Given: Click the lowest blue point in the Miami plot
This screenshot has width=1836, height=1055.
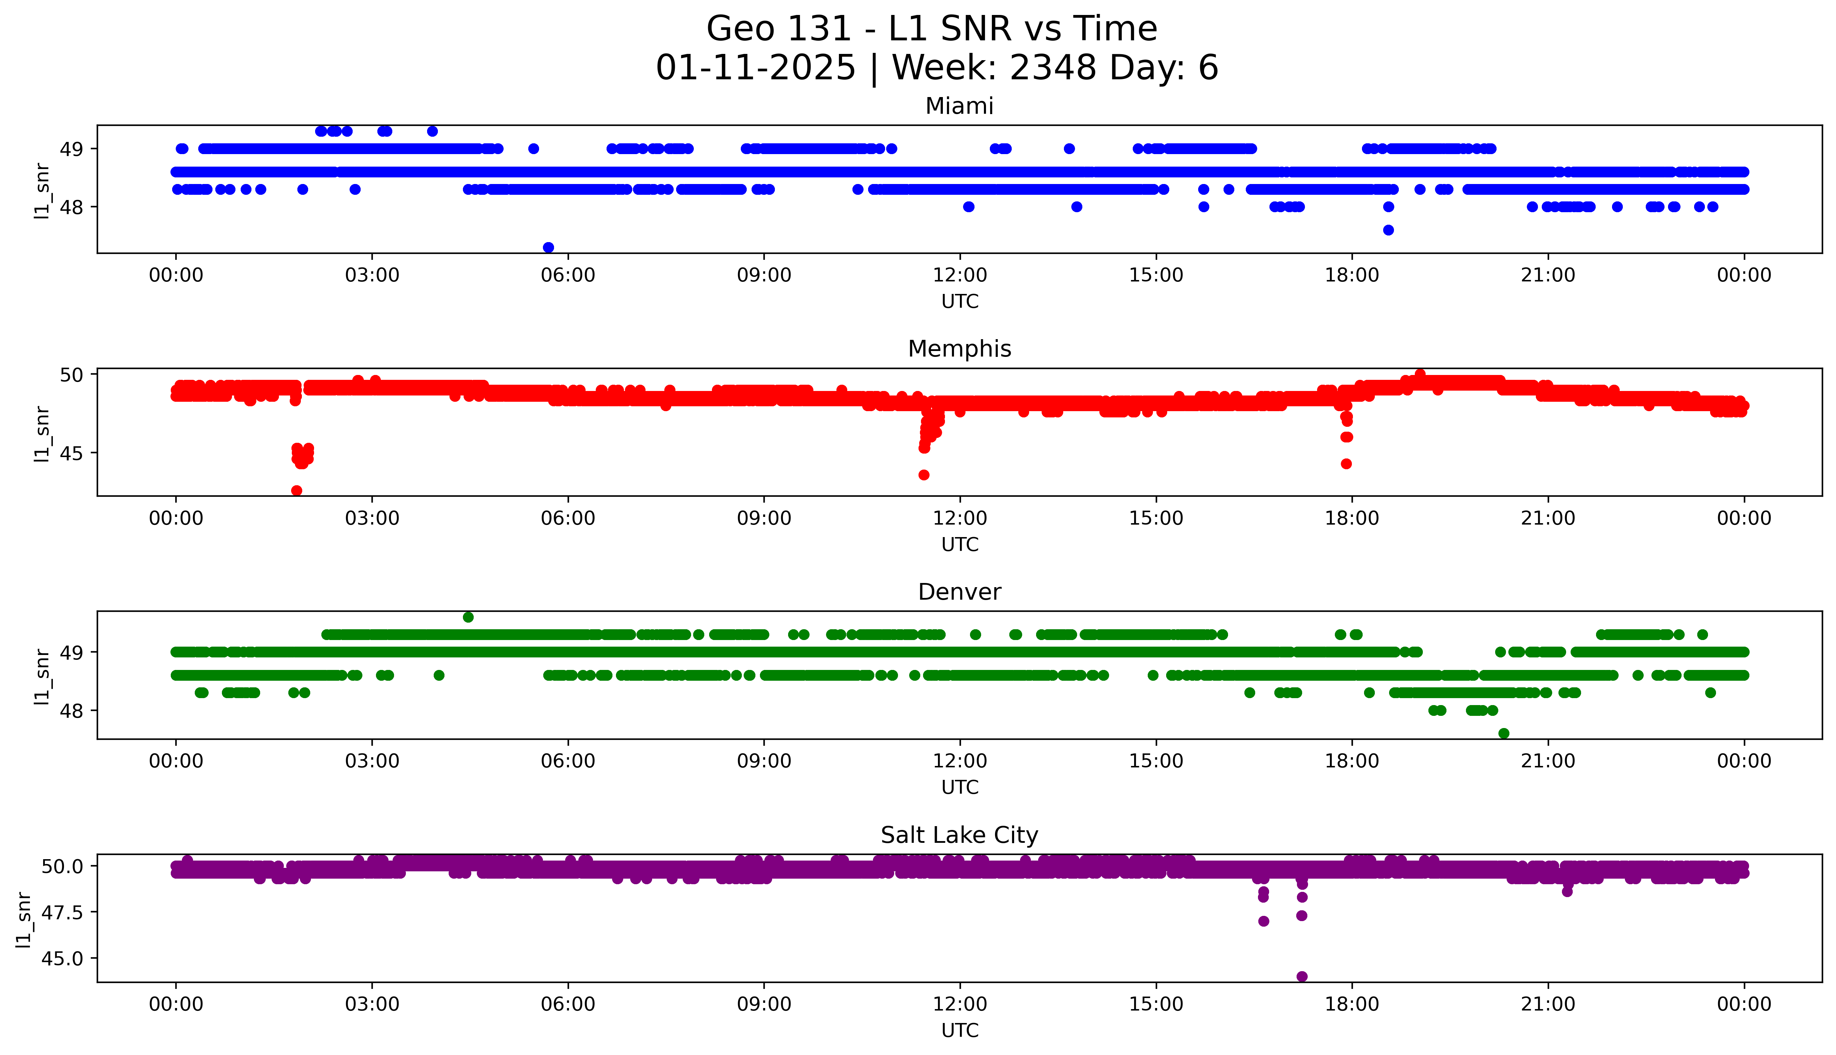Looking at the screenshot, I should point(548,248).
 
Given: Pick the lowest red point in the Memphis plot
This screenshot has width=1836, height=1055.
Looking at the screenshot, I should point(296,490).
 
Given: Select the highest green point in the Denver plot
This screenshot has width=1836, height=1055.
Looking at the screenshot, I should point(468,617).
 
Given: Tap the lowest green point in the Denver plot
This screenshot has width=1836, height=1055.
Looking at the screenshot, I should point(1504,733).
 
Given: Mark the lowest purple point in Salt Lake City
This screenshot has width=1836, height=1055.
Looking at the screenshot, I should point(1301,977).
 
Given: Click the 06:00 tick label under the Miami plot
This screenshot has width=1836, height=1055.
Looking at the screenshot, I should point(568,275).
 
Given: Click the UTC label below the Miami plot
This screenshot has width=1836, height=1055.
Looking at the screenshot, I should point(960,302).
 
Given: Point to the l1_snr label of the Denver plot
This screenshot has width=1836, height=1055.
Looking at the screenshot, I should point(42,675).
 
